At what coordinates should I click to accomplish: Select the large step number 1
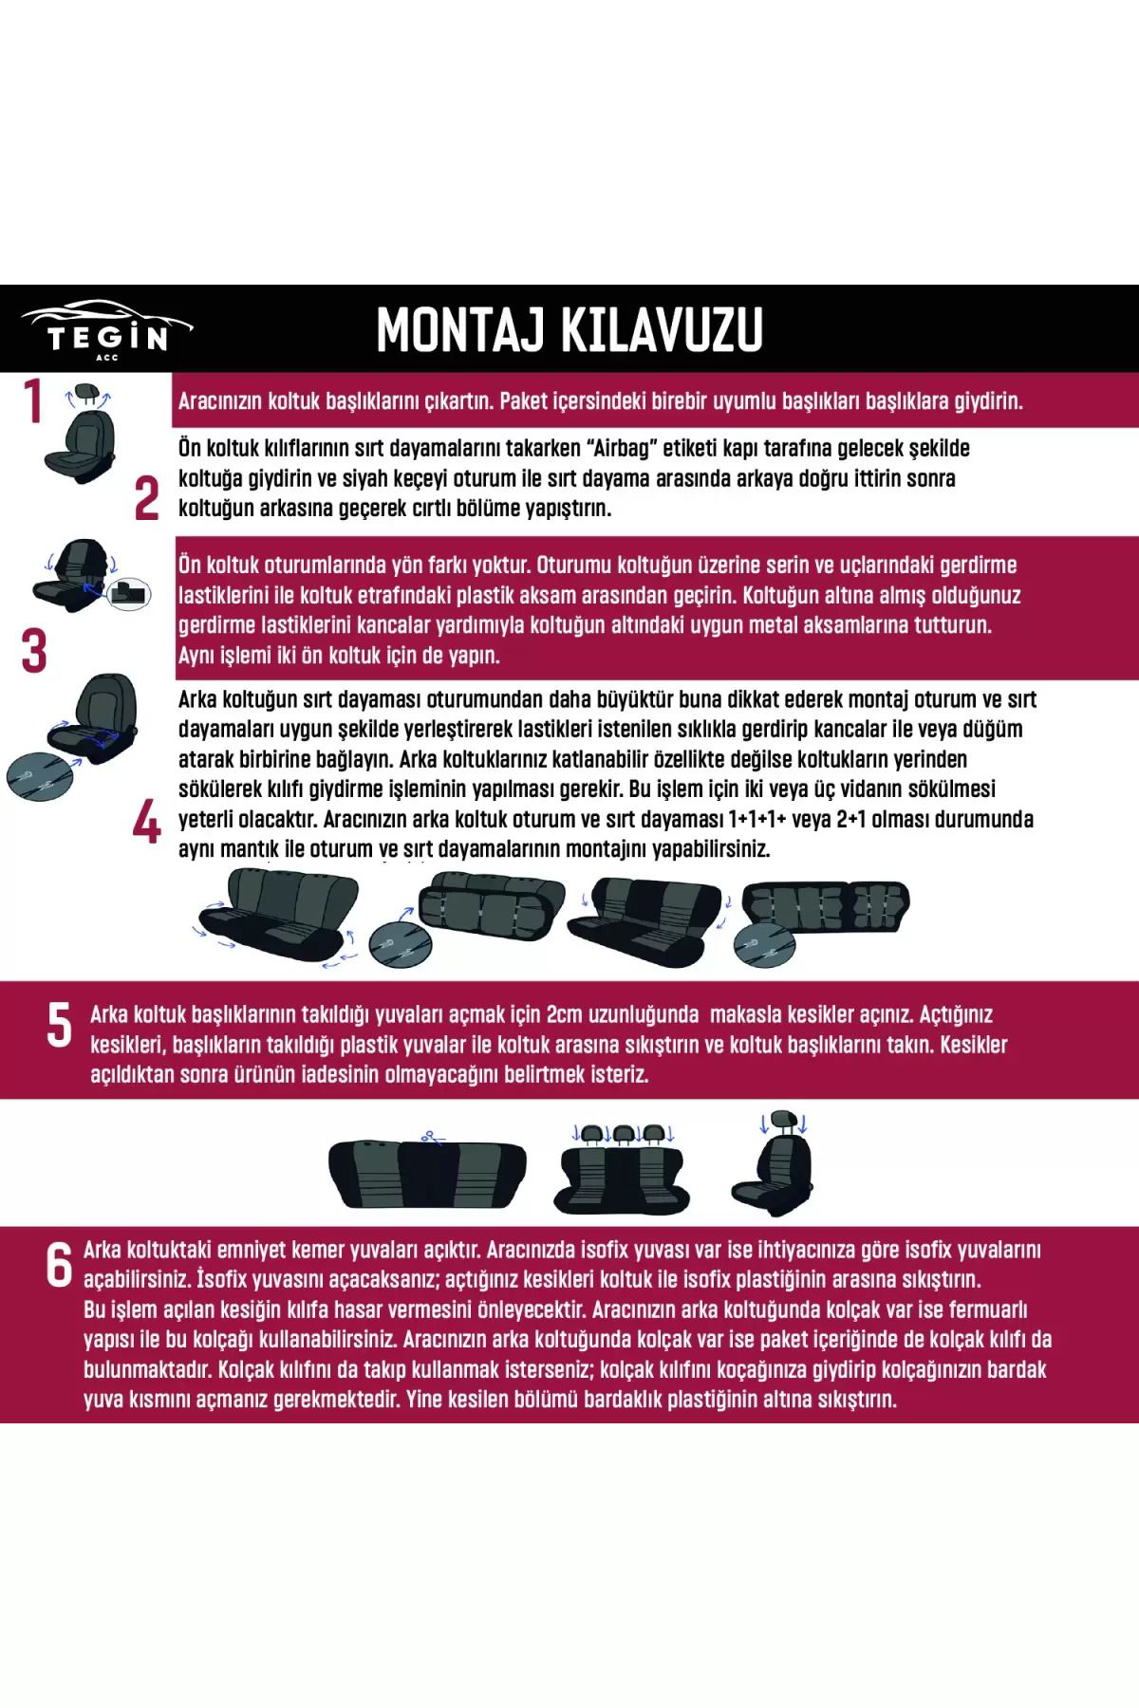33,401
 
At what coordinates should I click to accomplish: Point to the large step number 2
146,499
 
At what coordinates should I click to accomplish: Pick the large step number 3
33,652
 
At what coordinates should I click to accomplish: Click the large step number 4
146,823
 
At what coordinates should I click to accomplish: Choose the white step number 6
59,1266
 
